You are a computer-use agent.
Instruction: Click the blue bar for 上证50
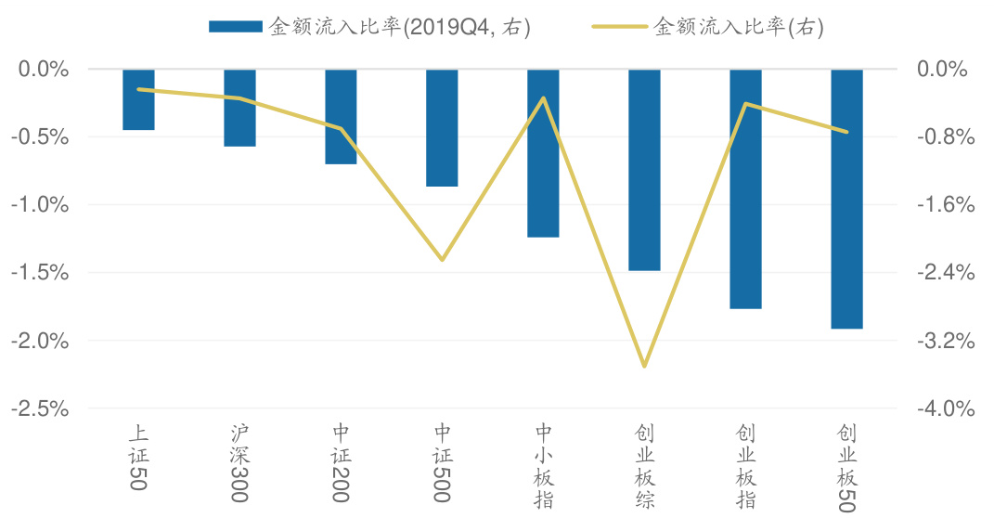click(138, 99)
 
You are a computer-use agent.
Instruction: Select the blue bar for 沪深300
click(239, 108)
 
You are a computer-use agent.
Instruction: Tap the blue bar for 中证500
click(442, 128)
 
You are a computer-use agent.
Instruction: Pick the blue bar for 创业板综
click(644, 170)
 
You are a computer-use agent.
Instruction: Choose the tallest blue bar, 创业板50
click(846, 199)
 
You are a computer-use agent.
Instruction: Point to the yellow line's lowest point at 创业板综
click(644, 366)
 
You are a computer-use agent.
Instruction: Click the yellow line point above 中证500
click(442, 260)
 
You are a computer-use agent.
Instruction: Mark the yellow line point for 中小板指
click(543, 97)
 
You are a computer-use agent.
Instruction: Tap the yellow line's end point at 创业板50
click(846, 132)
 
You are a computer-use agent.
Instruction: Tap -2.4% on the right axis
click(946, 273)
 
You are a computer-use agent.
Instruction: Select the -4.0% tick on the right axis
click(946, 408)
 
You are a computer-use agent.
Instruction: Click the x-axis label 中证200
click(341, 463)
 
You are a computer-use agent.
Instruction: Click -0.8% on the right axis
click(946, 137)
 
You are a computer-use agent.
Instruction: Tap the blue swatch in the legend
click(236, 28)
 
